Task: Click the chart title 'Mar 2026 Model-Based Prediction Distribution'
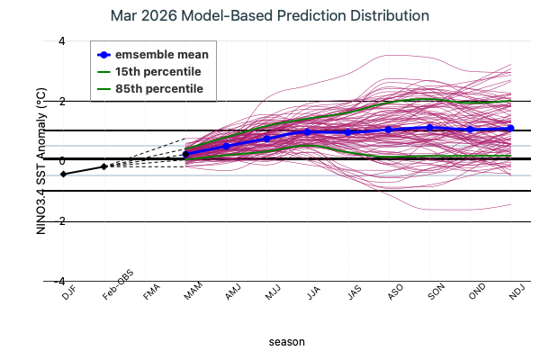pyautogui.click(x=269, y=16)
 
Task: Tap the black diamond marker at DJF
pyautogui.click(x=63, y=174)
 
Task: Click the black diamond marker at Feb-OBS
pyautogui.click(x=103, y=166)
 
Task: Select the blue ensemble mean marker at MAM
pyautogui.click(x=185, y=154)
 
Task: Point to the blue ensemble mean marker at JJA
pyautogui.click(x=308, y=132)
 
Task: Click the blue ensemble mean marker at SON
pyautogui.click(x=429, y=128)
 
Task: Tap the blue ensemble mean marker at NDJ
pyautogui.click(x=511, y=128)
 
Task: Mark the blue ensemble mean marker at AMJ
pyautogui.click(x=226, y=146)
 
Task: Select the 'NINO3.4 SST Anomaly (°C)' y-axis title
pyautogui.click(x=40, y=161)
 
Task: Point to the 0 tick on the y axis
pyautogui.click(x=36, y=161)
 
